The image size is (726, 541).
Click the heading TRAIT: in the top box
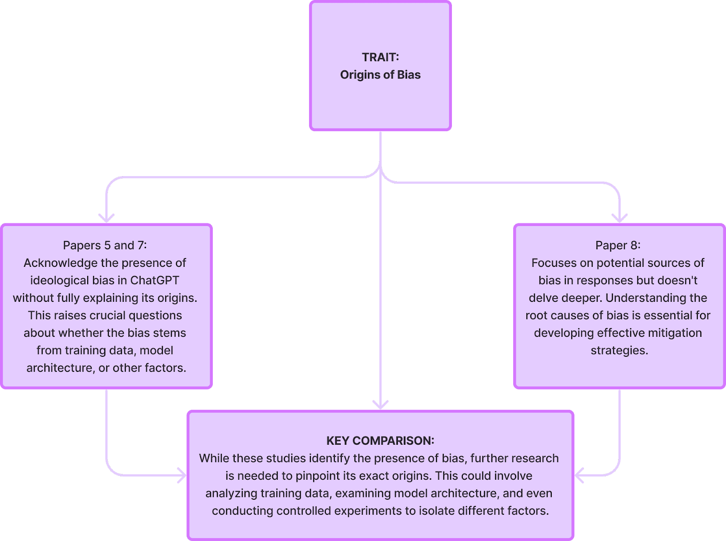pos(380,57)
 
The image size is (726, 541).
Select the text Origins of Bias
pos(380,75)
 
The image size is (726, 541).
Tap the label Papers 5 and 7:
pos(105,246)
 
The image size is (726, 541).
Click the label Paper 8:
pos(618,246)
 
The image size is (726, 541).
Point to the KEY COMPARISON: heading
pos(380,441)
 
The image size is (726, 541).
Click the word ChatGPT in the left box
pos(155,280)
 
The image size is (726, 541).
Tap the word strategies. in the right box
pos(619,350)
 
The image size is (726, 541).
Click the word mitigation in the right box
pos(673,333)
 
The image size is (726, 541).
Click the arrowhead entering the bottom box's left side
pos(182,476)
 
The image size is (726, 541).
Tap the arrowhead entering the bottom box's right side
pos(579,476)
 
